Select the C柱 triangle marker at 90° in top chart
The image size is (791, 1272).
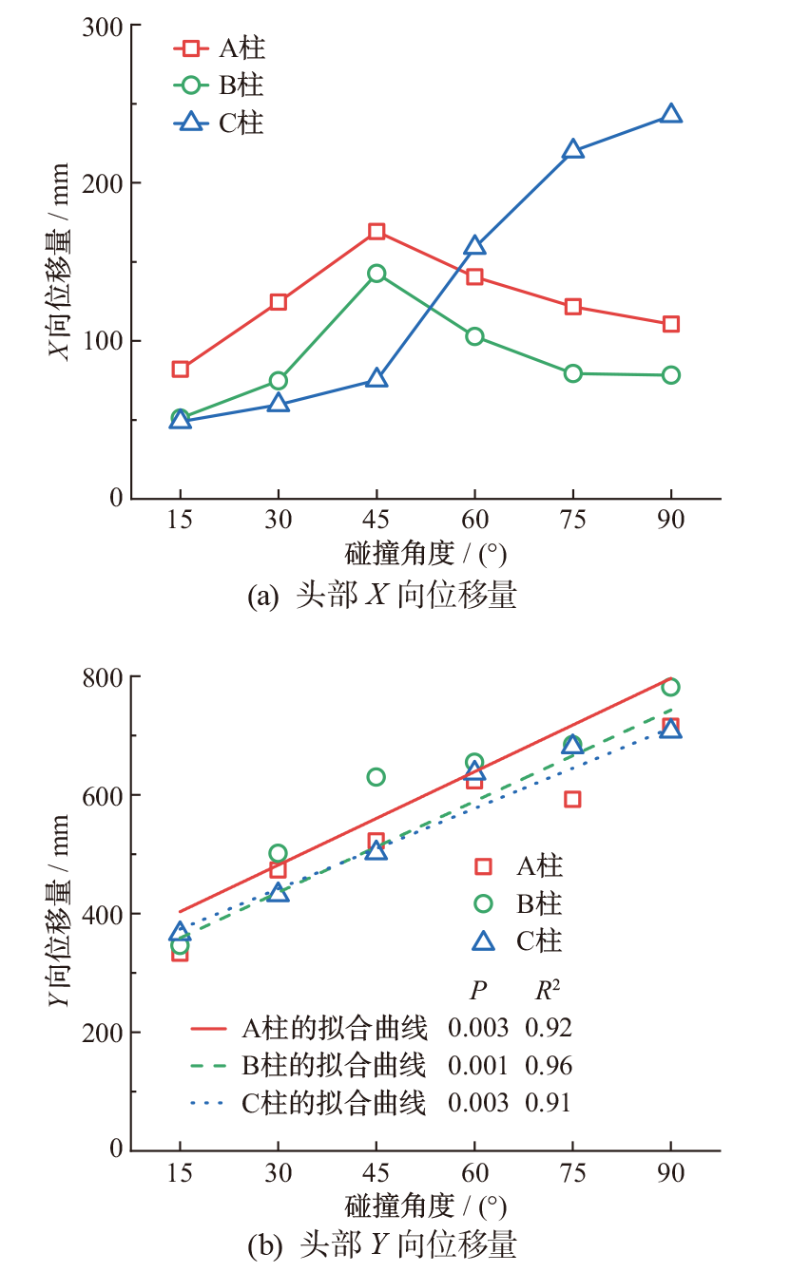pyautogui.click(x=671, y=114)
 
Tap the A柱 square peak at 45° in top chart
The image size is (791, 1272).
pyautogui.click(x=376, y=231)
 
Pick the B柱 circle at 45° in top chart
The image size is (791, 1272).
pyautogui.click(x=376, y=274)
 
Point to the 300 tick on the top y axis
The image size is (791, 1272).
pyautogui.click(x=105, y=27)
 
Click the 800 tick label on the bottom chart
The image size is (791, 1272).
pyautogui.click(x=105, y=676)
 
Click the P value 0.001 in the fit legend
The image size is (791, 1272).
pyautogui.click(x=477, y=1065)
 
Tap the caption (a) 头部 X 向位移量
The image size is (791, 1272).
pyautogui.click(x=381, y=596)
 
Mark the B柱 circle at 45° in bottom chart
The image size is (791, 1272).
pyautogui.click(x=376, y=777)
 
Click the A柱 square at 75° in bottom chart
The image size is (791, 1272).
pyautogui.click(x=572, y=799)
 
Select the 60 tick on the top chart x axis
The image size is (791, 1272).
pyautogui.click(x=474, y=521)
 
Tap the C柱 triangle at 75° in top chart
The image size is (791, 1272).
pyautogui.click(x=572, y=150)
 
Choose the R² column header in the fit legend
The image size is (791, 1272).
pyautogui.click(x=547, y=991)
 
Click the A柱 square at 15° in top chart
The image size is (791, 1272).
pyautogui.click(x=180, y=369)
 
